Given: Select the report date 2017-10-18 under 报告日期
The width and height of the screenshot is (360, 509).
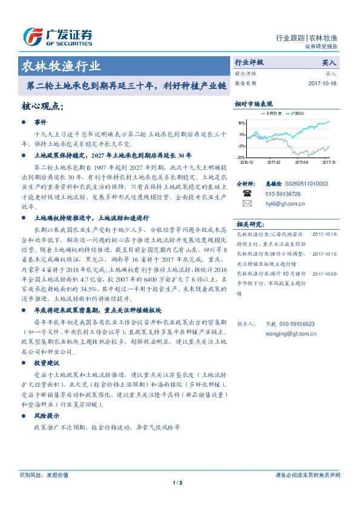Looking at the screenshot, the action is (322, 83).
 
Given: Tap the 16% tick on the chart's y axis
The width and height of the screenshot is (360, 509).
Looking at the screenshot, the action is (241, 122).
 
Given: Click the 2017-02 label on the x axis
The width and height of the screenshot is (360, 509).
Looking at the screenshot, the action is (274, 162).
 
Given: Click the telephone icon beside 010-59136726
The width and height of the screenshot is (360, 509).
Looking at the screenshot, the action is (247, 193).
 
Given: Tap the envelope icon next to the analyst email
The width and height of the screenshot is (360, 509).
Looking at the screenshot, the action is (247, 204).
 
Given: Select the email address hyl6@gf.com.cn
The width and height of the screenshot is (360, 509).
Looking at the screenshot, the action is (285, 204).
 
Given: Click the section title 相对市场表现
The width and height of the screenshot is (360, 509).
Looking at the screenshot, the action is (254, 105).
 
